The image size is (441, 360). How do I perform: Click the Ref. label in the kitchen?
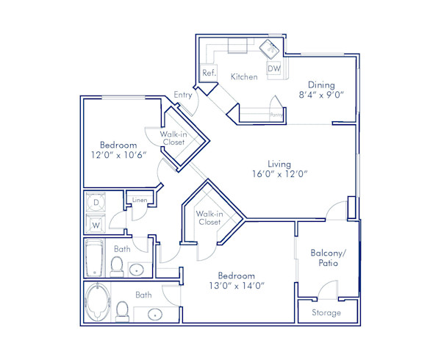point(208,73)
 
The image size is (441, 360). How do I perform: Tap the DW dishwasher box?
point(273,68)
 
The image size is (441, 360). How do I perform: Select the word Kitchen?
point(244,77)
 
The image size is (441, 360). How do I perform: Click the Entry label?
point(183,95)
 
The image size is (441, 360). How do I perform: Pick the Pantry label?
point(276,115)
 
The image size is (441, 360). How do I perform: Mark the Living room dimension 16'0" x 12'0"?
point(279,174)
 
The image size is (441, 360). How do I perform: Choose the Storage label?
point(327,312)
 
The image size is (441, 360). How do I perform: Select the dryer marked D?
point(96,202)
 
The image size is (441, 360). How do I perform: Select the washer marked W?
point(96,224)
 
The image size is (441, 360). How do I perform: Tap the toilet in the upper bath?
point(117,264)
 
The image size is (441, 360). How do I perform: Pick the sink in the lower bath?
point(155,315)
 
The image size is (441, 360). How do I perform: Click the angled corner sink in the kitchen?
point(269,48)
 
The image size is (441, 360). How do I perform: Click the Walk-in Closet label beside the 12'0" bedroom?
point(173,137)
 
